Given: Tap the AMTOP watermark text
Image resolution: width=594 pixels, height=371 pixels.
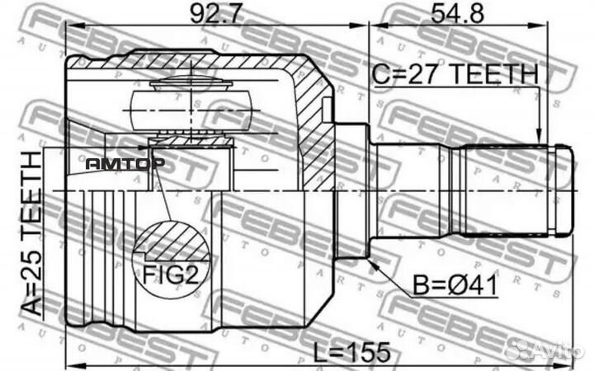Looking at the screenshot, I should click(125, 163).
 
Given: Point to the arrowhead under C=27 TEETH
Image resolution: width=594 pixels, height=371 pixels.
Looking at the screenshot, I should click(539, 139).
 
